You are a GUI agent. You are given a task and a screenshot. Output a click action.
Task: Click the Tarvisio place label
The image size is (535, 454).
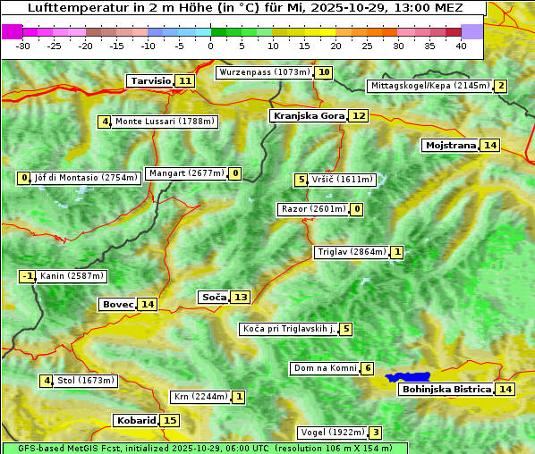(150, 80)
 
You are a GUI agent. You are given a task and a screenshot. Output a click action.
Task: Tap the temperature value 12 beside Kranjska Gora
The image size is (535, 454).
(359, 115)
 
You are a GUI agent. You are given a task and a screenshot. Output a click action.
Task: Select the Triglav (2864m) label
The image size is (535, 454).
(352, 252)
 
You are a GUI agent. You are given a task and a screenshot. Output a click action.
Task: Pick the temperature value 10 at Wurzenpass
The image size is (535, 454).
(324, 72)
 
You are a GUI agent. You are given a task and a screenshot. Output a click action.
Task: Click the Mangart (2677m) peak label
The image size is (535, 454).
(186, 173)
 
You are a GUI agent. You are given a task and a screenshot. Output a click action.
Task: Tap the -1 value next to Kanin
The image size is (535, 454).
(28, 276)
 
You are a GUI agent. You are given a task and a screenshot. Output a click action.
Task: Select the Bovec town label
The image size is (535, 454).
(117, 304)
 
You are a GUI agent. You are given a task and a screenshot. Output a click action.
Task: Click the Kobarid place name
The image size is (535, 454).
(135, 420)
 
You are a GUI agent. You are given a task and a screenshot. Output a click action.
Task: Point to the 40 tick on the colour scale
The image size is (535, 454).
(461, 46)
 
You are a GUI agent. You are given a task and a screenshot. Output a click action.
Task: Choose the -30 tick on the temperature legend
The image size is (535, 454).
(23, 46)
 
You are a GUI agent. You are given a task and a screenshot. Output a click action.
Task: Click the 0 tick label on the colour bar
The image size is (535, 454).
(211, 46)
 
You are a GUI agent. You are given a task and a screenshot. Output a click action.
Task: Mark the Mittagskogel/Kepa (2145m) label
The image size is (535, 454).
(430, 86)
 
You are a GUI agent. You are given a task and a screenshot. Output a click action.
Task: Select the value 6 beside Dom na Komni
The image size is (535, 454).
(368, 368)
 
